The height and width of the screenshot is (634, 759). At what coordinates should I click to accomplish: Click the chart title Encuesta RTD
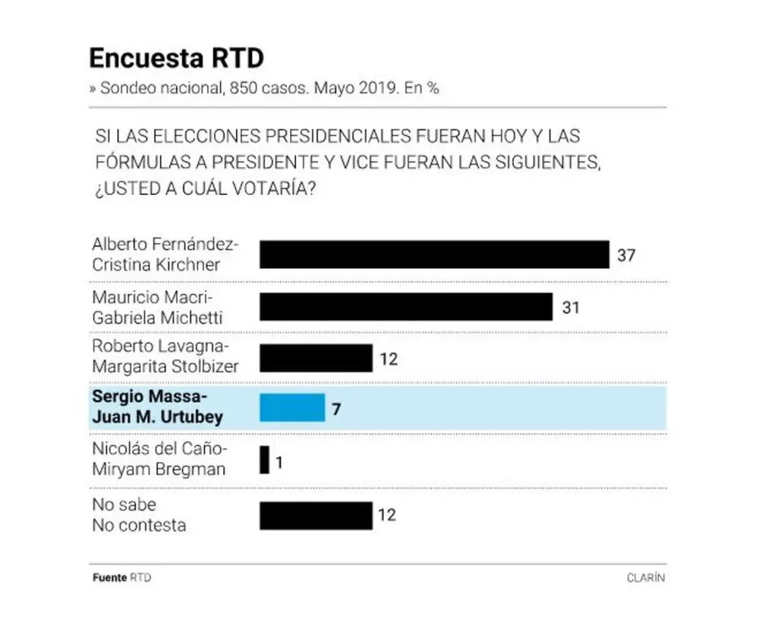pyautogui.click(x=177, y=58)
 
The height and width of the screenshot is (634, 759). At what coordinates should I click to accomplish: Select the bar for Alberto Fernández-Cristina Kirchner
pyautogui.click(x=434, y=255)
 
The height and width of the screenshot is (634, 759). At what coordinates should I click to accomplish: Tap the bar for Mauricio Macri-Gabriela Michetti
pyautogui.click(x=406, y=306)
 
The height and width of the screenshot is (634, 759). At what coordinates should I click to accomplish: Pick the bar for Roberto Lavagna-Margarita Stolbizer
pyautogui.click(x=316, y=358)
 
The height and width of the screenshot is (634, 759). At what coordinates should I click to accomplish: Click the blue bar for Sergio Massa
pyautogui.click(x=292, y=408)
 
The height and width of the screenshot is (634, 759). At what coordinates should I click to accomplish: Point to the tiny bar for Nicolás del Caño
pyautogui.click(x=264, y=459)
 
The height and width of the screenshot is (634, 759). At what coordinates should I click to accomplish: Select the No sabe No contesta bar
pyautogui.click(x=316, y=516)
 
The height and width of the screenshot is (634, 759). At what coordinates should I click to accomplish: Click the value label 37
pyautogui.click(x=626, y=255)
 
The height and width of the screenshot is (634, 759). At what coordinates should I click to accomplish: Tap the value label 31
pyautogui.click(x=571, y=308)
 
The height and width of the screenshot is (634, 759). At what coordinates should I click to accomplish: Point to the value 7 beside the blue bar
pyautogui.click(x=336, y=409)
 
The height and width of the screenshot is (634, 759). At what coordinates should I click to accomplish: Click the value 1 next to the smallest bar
pyautogui.click(x=279, y=463)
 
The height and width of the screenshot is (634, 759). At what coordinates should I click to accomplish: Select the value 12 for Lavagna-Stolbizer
pyautogui.click(x=389, y=359)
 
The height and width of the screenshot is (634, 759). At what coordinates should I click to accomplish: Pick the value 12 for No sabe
pyautogui.click(x=387, y=515)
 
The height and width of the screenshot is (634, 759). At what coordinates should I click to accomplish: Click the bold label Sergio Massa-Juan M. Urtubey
pyautogui.click(x=158, y=406)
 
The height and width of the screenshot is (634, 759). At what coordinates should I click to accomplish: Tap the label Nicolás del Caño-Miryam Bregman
pyautogui.click(x=159, y=459)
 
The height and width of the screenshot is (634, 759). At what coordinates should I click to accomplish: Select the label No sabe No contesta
pyautogui.click(x=139, y=515)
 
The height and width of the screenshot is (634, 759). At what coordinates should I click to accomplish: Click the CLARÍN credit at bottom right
pyautogui.click(x=646, y=578)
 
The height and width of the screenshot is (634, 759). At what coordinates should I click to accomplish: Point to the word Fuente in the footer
pyautogui.click(x=110, y=578)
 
